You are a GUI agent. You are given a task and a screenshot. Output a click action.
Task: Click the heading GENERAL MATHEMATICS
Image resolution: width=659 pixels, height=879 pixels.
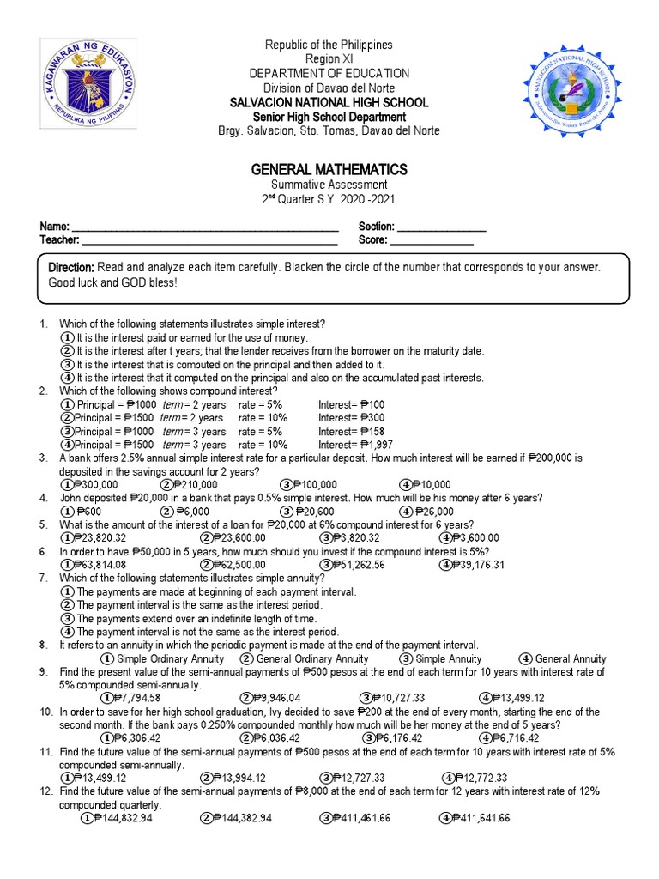click(329, 169)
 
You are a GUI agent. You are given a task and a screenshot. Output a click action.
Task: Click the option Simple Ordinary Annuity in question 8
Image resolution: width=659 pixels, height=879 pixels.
click(160, 658)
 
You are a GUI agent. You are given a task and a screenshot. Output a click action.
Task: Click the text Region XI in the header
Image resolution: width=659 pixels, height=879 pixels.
click(329, 58)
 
